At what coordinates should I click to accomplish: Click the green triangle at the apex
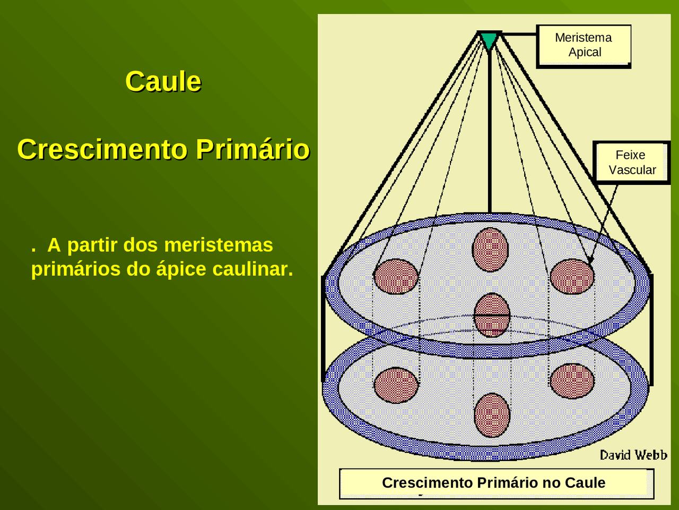[489, 40]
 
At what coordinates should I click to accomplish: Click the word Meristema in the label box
[583, 38]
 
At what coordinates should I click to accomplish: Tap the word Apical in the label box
[585, 52]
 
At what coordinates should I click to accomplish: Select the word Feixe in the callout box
[630, 155]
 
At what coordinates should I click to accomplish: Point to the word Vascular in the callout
[632, 170]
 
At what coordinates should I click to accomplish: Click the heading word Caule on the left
[163, 82]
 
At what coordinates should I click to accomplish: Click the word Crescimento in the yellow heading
[102, 149]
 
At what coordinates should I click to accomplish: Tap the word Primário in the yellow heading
[253, 149]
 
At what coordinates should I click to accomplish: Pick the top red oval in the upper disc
[490, 249]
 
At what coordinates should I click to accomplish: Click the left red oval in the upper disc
[396, 276]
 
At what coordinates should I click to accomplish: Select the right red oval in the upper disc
[572, 276]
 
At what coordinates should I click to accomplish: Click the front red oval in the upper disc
[492, 315]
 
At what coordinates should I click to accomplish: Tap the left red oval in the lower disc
[396, 385]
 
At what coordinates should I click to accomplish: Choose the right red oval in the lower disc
[572, 380]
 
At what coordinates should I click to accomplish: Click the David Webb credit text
[633, 455]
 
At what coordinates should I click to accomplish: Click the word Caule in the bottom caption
[585, 482]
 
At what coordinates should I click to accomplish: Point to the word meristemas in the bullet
[218, 245]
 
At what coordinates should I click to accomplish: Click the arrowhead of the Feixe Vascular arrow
[590, 260]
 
